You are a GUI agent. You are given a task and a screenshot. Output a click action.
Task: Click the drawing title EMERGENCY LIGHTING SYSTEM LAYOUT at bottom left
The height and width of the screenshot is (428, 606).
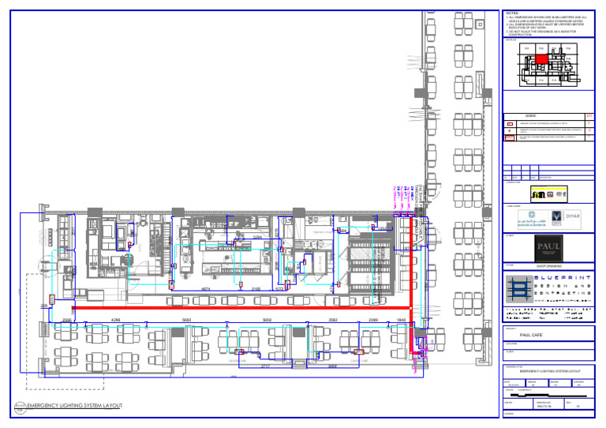point(74,405)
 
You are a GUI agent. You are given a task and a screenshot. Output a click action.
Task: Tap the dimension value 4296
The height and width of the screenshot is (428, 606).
point(117,320)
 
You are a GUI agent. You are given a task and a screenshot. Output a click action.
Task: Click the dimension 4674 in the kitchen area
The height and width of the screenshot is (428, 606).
point(205,289)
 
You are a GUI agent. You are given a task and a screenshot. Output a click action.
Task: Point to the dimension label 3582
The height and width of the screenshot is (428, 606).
point(333,320)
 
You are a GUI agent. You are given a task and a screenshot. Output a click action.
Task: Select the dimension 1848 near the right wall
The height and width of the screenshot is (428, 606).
point(401,320)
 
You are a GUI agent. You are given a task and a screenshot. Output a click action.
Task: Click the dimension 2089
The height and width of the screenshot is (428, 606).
point(374,320)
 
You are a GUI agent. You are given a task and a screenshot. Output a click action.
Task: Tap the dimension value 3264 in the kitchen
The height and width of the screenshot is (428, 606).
point(257,237)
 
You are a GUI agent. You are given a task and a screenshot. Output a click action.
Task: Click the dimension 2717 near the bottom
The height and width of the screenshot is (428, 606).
point(266,366)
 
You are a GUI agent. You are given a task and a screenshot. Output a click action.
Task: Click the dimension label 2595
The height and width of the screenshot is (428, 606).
point(67,320)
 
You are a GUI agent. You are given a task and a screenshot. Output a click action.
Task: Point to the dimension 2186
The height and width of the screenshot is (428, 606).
point(256,289)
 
